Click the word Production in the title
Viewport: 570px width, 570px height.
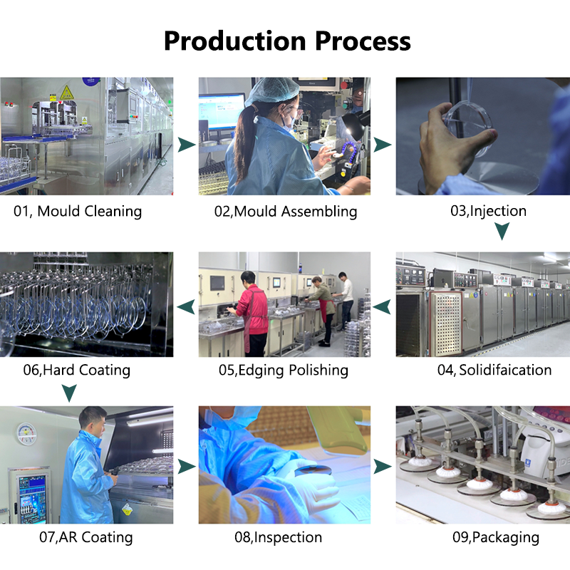[x=235, y=41]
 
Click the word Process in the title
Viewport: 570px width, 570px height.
[x=363, y=41]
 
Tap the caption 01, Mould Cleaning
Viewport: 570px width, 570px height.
[x=78, y=211]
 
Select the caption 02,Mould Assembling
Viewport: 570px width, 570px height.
[x=286, y=211]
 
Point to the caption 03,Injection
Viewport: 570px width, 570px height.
[x=488, y=211]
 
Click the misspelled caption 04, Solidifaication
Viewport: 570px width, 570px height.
[x=494, y=370]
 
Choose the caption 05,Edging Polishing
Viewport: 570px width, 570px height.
[x=283, y=370]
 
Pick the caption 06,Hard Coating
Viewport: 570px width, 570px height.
[x=77, y=370]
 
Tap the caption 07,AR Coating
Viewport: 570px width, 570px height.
[x=85, y=537]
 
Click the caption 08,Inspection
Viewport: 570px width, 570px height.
[x=278, y=537]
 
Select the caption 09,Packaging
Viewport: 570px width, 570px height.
[x=496, y=537]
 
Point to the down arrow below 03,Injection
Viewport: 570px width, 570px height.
[x=502, y=231]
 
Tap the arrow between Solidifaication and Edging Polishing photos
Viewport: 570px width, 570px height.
[x=383, y=307]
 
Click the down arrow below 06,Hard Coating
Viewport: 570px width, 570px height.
[x=69, y=393]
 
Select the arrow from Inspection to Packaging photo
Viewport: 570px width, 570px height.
[x=382, y=467]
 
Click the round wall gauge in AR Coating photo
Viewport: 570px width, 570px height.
[x=26, y=434]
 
